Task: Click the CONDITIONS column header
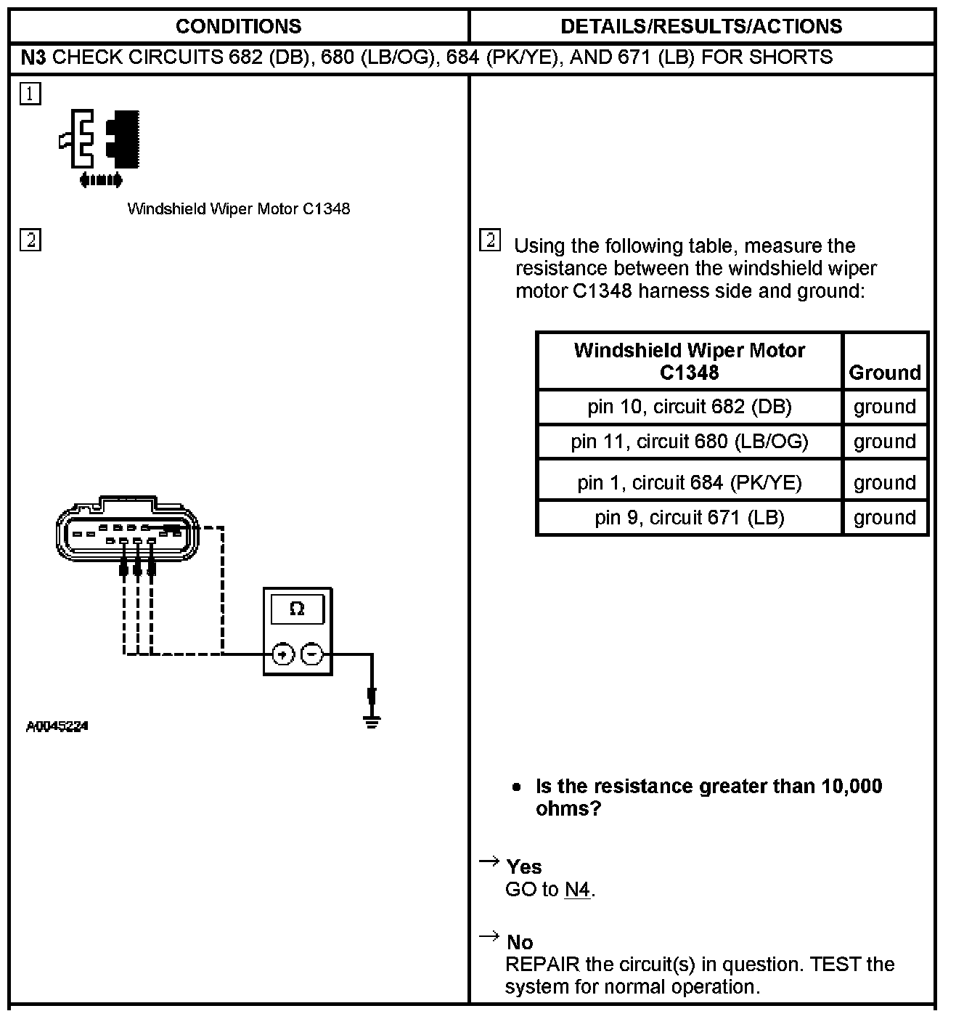pos(238,27)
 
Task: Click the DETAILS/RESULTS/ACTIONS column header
pos(701,27)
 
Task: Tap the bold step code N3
pos(33,57)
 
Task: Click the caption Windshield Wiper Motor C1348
pos(238,209)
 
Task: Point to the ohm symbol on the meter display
pos(297,609)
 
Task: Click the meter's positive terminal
pos(282,654)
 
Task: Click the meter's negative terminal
pos(311,654)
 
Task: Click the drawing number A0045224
pos(57,726)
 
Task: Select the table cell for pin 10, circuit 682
pos(689,407)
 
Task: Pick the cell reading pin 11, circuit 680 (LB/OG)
pos(689,442)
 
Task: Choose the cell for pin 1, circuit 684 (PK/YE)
pos(689,482)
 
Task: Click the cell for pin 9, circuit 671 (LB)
pos(689,517)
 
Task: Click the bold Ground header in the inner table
pos(884,373)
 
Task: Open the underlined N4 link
pos(578,889)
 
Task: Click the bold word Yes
pos(524,866)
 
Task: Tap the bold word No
pos(520,942)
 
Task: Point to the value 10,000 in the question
pos(851,786)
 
